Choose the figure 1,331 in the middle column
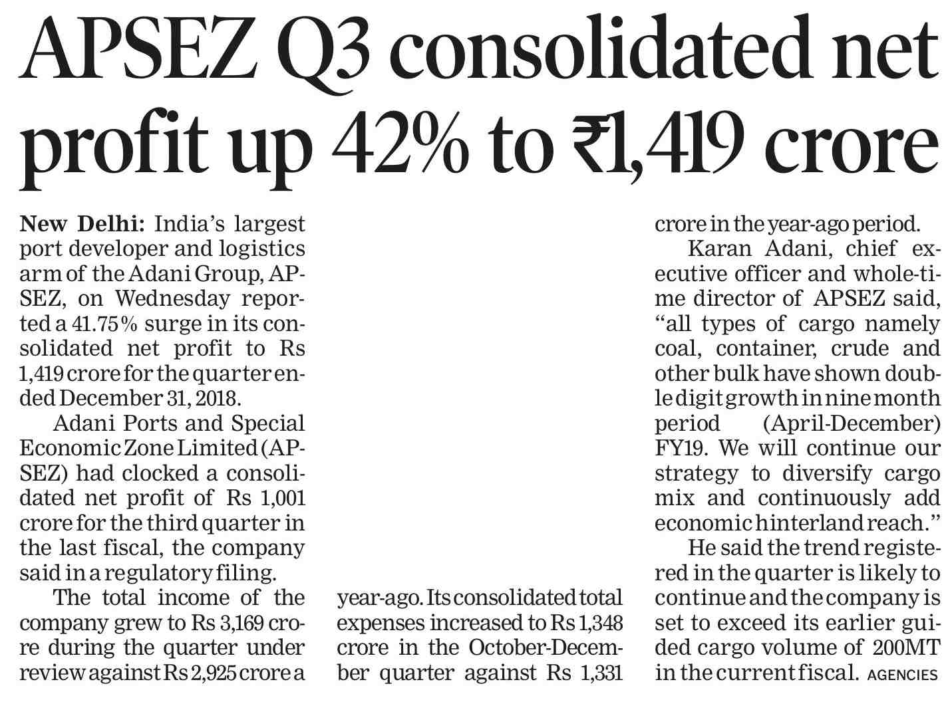599,673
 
